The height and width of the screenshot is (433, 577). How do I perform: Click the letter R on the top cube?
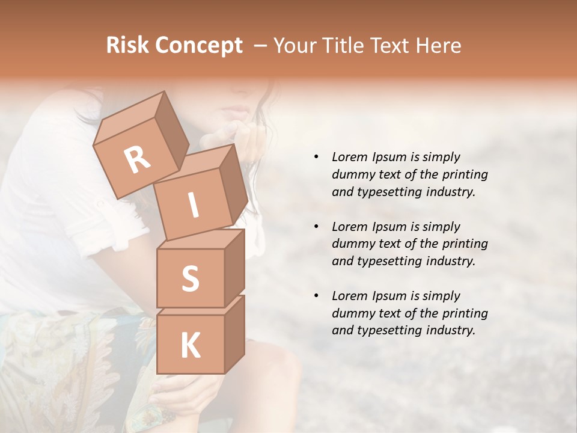click(138, 160)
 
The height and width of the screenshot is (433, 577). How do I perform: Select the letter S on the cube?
click(190, 278)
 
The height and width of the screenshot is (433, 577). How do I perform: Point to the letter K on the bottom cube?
click(190, 346)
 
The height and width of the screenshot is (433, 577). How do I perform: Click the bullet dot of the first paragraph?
click(316, 158)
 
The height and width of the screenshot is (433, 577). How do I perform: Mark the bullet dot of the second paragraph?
click(316, 227)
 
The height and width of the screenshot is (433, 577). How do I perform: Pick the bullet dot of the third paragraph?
click(316, 296)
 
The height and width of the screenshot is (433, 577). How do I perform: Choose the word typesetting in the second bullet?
click(392, 261)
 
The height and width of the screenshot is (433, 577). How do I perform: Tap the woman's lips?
click(236, 111)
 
